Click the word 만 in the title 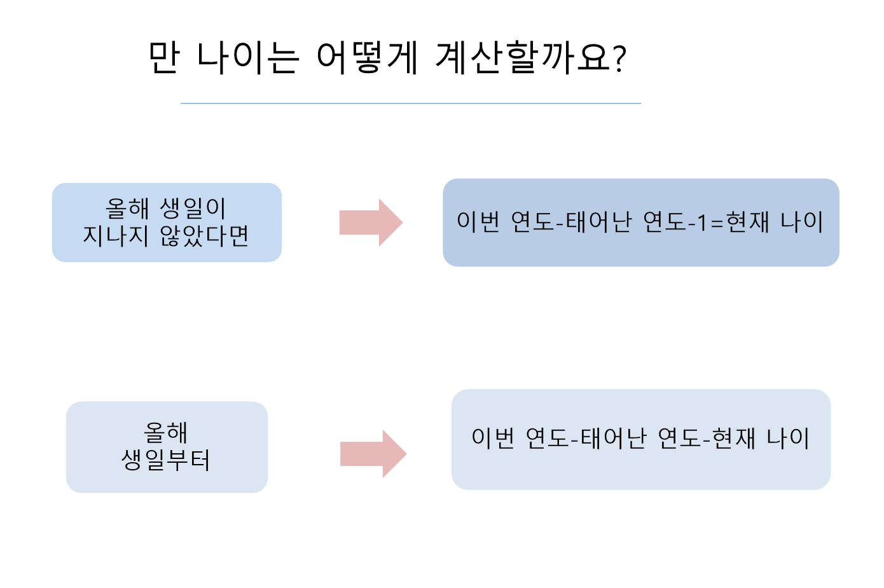pos(164,58)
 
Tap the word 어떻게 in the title pos(367,58)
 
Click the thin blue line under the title pos(411,103)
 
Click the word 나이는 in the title pos(247,58)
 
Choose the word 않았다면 pos(204,236)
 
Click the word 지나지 pos(116,236)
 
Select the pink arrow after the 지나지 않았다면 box pos(371,222)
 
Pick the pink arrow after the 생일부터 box pos(373,454)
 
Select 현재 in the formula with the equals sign pos(748,222)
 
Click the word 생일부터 pos(166,460)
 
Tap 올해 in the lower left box pos(166,433)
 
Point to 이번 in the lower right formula pos(494,438)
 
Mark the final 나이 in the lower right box pos(788,438)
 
